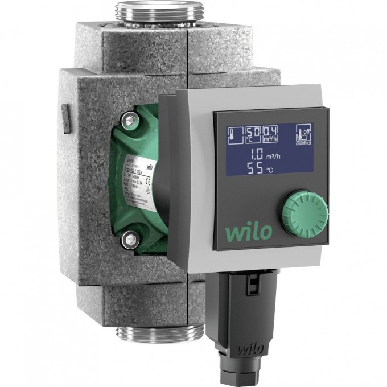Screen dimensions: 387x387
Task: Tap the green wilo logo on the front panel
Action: click(x=250, y=232)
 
